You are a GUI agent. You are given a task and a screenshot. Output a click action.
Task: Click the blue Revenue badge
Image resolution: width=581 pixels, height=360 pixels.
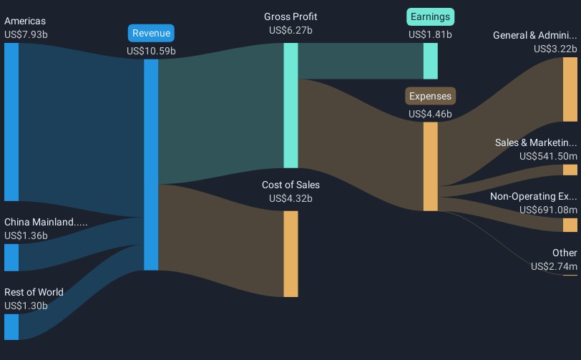tap(151, 33)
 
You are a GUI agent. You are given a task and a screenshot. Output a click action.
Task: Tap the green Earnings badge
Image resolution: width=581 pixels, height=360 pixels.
tap(430, 16)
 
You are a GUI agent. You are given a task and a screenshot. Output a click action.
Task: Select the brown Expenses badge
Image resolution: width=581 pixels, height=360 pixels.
tap(430, 96)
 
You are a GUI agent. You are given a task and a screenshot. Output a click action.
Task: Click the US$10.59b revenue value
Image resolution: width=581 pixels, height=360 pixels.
tap(151, 51)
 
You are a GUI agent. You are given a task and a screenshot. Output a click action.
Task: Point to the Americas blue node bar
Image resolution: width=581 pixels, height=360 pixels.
tap(11, 122)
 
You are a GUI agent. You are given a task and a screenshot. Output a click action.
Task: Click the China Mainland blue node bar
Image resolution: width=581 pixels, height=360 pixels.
tap(11, 258)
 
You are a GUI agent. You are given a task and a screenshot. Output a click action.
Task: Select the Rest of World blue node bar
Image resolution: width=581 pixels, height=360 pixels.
tap(11, 327)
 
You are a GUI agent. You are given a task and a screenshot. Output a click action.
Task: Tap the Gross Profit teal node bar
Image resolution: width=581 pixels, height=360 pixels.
tap(291, 105)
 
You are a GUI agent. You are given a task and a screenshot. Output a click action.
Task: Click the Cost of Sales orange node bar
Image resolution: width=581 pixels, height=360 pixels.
tap(291, 254)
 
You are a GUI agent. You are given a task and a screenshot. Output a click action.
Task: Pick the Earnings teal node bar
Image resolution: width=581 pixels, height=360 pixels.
tap(431, 61)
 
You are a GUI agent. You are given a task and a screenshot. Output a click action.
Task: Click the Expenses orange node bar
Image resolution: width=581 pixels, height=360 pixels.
tap(431, 167)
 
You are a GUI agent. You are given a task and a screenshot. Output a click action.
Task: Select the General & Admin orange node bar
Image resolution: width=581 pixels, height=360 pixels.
tap(570, 89)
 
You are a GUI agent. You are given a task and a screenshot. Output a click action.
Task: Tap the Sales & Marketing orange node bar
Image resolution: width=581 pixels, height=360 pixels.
tap(570, 170)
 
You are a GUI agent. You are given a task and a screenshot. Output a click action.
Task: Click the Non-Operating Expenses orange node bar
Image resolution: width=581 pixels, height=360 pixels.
tap(570, 225)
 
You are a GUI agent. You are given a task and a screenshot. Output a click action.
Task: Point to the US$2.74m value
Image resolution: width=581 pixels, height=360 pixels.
tap(554, 266)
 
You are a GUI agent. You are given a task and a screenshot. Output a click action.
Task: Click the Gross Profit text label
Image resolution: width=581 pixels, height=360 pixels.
tap(290, 16)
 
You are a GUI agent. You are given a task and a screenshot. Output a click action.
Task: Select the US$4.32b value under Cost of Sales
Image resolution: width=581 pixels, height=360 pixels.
tap(290, 198)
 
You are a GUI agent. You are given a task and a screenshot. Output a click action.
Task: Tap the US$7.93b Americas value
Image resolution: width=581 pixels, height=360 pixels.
tap(26, 34)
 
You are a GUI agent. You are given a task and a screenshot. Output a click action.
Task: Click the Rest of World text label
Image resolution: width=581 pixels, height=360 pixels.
tap(34, 292)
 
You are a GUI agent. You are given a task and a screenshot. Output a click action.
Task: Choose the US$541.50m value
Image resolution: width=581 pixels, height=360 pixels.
tap(548, 156)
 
